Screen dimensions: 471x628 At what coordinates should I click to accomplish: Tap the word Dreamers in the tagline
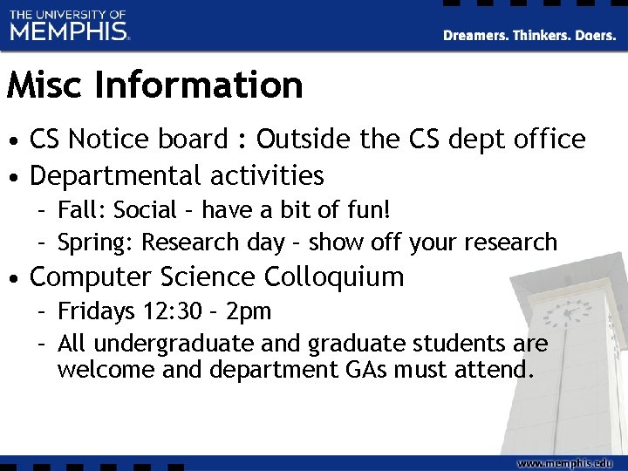475,36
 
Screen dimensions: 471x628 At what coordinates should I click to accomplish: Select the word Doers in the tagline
594,36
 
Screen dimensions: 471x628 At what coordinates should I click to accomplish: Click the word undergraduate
174,344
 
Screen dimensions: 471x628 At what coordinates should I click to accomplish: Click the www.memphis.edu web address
565,462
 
